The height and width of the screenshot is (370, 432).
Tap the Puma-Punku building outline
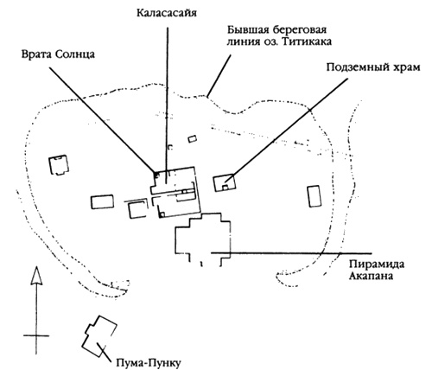tap(98, 333)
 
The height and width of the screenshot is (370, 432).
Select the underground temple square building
tap(227, 179)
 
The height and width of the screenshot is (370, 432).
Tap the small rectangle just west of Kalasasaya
tap(103, 201)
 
